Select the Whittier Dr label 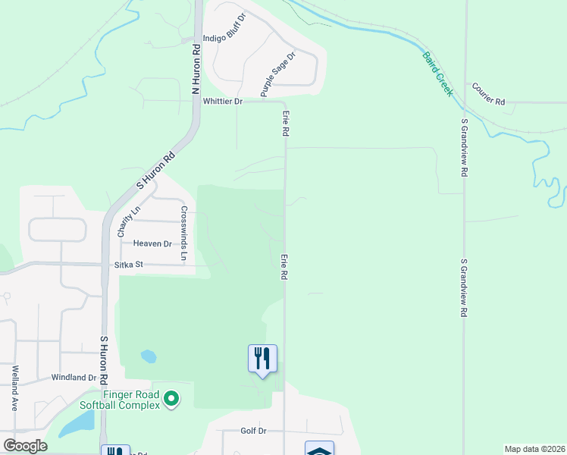click(222, 101)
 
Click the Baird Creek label click(437, 74)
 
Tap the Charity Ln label click(127, 222)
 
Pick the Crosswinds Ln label click(183, 233)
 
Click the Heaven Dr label click(152, 243)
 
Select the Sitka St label click(128, 265)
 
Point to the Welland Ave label click(15, 388)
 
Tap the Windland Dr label click(74, 377)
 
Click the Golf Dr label click(253, 431)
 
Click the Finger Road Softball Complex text click(132, 400)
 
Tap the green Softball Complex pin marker click(171, 398)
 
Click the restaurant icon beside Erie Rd click(262, 358)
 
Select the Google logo click(24, 445)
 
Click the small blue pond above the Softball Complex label click(149, 356)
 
